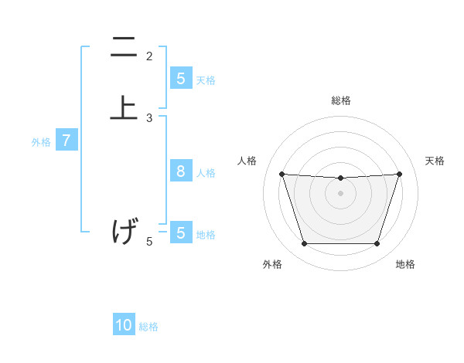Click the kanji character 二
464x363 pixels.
124,49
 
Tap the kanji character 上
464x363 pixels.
124,107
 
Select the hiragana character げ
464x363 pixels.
125,231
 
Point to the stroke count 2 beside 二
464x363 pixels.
149,56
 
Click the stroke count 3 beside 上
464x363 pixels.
149,118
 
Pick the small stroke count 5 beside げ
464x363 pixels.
149,242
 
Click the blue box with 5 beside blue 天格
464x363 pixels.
180,79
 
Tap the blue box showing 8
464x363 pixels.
180,171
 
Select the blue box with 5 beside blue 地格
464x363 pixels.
180,233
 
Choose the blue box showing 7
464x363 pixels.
67,141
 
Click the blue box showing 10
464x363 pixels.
124,326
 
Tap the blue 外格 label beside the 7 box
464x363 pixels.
41,142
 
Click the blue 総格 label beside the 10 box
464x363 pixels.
148,327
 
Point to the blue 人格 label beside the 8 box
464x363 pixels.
206,172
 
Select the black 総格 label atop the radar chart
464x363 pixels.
340,100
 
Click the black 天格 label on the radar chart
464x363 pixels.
435,161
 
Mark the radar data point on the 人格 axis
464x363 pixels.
281,174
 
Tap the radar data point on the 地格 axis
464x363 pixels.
377,244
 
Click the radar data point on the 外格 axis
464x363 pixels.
304,244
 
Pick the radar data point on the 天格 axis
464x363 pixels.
399,174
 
